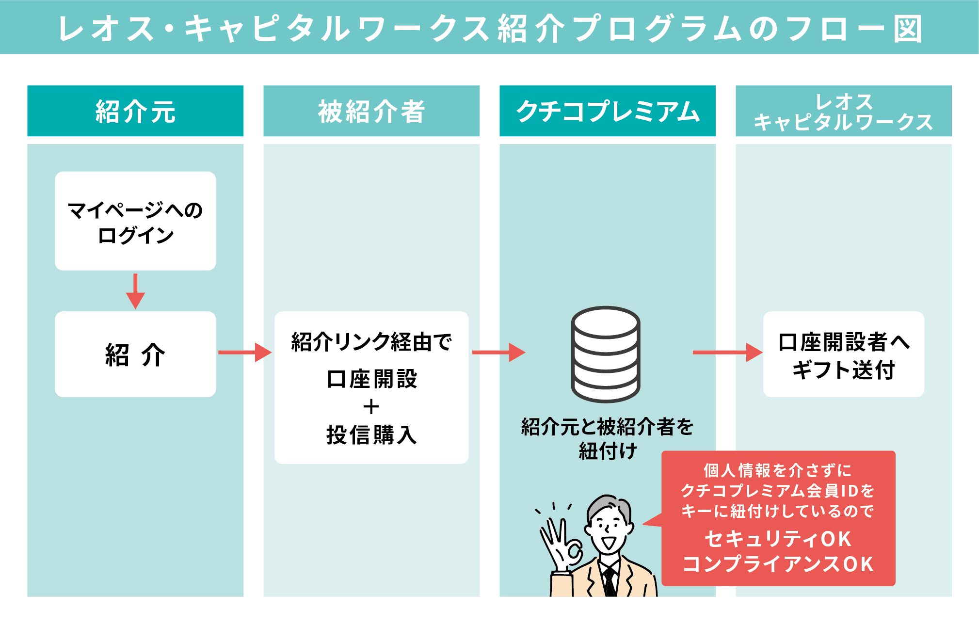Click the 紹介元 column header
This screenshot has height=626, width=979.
tap(135, 111)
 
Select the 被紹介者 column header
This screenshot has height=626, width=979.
tap(371, 111)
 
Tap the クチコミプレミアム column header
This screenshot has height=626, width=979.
tap(607, 111)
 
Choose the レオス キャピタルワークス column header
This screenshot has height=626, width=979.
tap(843, 111)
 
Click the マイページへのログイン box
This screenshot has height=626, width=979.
tap(135, 221)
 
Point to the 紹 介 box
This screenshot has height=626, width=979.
tap(135, 354)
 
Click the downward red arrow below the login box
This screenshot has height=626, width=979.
tap(135, 291)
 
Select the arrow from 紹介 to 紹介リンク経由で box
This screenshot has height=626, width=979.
tap(245, 353)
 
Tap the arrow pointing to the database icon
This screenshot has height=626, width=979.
tap(498, 353)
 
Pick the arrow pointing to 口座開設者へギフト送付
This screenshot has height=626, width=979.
tap(727, 353)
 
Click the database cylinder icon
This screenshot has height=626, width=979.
tap(606, 354)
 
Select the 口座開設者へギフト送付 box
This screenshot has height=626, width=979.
tap(843, 354)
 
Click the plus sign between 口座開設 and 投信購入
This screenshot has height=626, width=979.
tap(371, 407)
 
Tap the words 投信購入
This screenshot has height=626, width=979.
tap(371, 434)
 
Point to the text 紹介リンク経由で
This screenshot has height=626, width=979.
tap(371, 342)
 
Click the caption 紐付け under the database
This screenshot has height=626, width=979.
tap(607, 451)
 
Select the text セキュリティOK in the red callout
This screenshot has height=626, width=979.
tap(778, 539)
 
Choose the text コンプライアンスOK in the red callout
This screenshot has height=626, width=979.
tap(778, 564)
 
